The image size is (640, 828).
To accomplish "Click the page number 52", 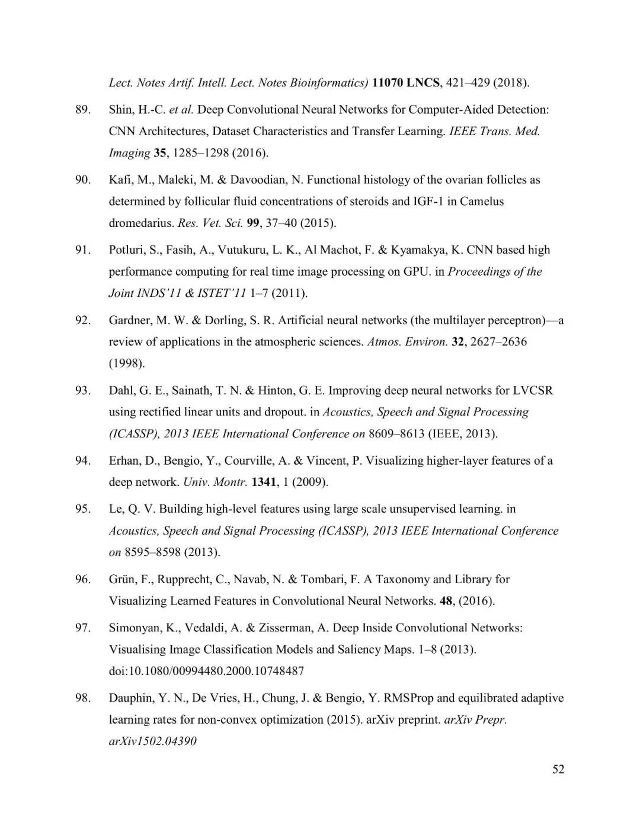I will click(558, 769).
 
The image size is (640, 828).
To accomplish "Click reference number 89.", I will click(83, 110).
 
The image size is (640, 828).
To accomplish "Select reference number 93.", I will click(83, 391).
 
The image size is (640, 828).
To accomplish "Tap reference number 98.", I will click(83, 698).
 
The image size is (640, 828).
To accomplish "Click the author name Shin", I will click(121, 110).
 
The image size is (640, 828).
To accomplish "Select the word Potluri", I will click(126, 250).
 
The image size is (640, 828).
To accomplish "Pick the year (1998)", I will click(127, 363).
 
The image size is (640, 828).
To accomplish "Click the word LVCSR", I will click(533, 391).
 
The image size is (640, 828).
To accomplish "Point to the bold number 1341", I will click(264, 482).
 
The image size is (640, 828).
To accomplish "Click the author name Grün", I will click(122, 579).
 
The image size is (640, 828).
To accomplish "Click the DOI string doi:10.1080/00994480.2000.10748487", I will click(206, 671).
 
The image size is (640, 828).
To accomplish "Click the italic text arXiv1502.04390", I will click(153, 741).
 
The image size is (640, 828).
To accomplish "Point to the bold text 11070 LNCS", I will click(406, 83).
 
